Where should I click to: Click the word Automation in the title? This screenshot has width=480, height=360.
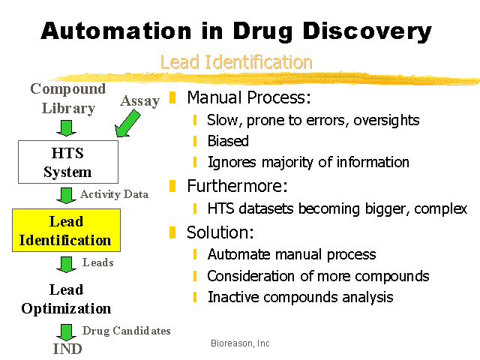pyautogui.click(x=116, y=31)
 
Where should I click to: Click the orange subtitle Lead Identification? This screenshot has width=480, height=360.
pyautogui.click(x=236, y=61)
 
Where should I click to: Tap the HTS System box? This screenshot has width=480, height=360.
pyautogui.click(x=68, y=162)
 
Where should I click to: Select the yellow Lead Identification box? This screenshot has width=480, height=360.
pyautogui.click(x=67, y=230)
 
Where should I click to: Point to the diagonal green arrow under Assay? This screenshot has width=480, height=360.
pyautogui.click(x=127, y=124)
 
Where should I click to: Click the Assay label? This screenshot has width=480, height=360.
pyautogui.click(x=140, y=101)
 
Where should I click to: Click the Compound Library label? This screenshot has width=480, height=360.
pyautogui.click(x=68, y=98)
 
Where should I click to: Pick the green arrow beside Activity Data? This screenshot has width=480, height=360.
pyautogui.click(x=66, y=196)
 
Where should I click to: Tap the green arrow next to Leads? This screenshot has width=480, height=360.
pyautogui.click(x=66, y=265)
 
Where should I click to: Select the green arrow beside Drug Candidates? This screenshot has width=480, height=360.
pyautogui.click(x=66, y=332)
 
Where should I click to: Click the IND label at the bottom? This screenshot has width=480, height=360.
pyautogui.click(x=67, y=349)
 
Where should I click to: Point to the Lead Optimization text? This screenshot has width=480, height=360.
pyautogui.click(x=66, y=299)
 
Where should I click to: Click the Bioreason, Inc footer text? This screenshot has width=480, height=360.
pyautogui.click(x=240, y=343)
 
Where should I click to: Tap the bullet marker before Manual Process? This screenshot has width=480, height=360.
pyautogui.click(x=172, y=97)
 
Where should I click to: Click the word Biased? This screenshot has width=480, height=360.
pyautogui.click(x=228, y=141)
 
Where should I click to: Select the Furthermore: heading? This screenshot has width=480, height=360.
pyautogui.click(x=238, y=186)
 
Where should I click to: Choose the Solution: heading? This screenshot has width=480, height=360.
pyautogui.click(x=220, y=232)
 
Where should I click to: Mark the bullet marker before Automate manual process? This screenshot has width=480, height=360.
pyautogui.click(x=195, y=254)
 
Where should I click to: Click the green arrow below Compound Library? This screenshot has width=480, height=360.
pyautogui.click(x=66, y=128)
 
